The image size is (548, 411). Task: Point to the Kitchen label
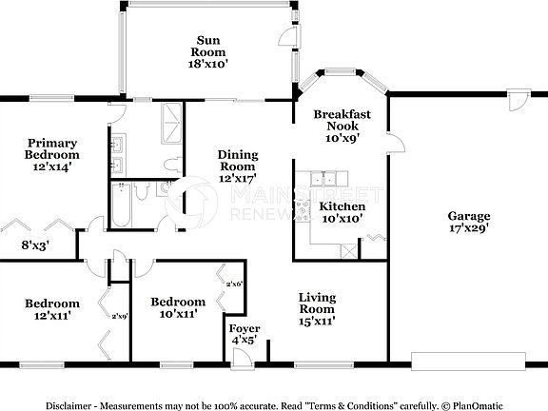(342, 206)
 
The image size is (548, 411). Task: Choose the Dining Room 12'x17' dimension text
(237, 178)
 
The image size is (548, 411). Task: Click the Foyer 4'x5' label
(245, 334)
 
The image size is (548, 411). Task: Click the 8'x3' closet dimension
(35, 245)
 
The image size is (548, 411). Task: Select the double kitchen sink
(326, 177)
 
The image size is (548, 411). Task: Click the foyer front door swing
(242, 356)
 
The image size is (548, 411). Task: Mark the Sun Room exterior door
(284, 37)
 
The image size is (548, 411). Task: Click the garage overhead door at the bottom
(468, 361)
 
